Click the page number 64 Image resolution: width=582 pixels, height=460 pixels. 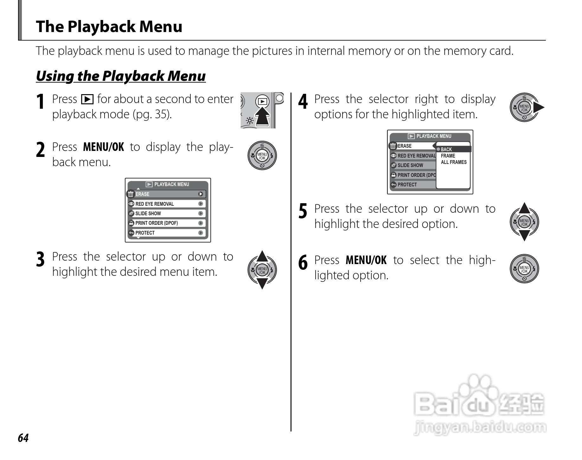[23, 438]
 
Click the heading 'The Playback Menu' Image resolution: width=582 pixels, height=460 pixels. [109, 26]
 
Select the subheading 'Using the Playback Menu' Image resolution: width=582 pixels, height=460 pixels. [121, 76]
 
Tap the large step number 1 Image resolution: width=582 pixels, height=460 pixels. [40, 102]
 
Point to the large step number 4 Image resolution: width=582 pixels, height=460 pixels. [303, 102]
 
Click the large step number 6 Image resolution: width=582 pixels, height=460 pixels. [303, 263]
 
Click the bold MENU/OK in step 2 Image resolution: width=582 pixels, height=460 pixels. [103, 147]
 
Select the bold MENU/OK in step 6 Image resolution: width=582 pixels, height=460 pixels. [366, 260]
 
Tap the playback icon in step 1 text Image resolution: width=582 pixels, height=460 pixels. [87, 100]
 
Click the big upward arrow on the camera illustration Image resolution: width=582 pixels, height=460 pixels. [263, 117]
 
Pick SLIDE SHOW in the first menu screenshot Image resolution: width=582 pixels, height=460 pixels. [148, 214]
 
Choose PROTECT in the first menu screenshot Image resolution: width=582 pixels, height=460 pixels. [145, 233]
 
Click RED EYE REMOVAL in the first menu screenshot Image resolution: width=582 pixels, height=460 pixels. [155, 204]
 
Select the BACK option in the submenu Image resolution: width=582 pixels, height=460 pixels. [446, 149]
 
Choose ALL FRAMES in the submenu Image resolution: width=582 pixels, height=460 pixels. [454, 162]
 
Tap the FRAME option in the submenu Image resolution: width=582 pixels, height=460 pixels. [448, 156]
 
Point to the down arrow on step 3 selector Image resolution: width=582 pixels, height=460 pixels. [262, 283]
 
